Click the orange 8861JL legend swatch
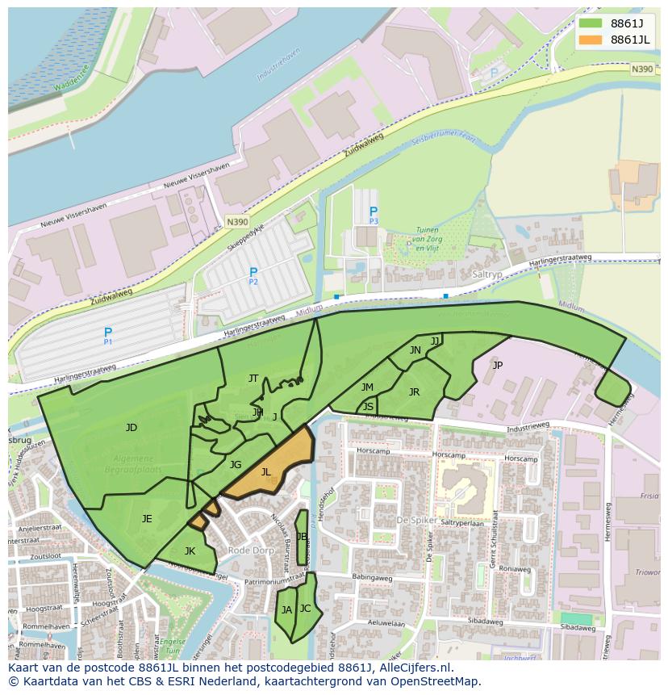point(591,40)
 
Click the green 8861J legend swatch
point(591,23)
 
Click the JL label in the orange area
point(266,472)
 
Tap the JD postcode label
point(132,428)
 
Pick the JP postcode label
point(497,365)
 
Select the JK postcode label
point(190,551)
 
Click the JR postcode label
point(414,392)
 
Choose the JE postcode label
point(147,519)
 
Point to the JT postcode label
point(253,378)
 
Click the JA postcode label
point(286,610)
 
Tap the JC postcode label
point(305,609)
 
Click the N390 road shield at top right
point(642,69)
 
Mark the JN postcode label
point(415,350)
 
